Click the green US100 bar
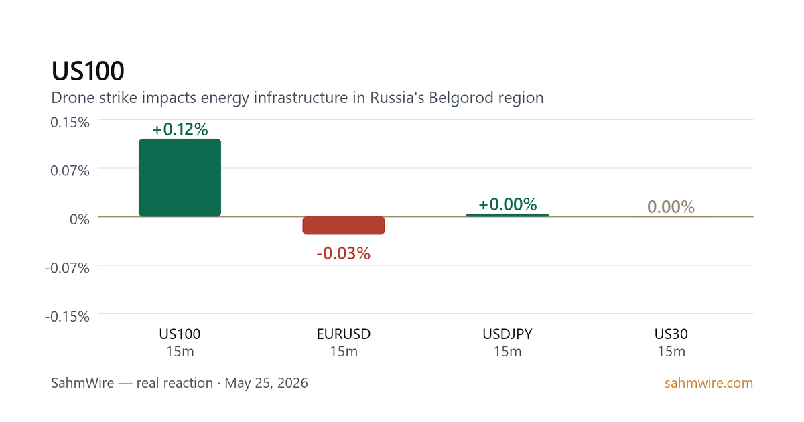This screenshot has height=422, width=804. [180, 178]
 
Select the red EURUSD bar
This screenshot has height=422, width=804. [344, 225]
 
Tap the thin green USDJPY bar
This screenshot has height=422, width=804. [508, 215]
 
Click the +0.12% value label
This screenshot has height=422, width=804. [180, 129]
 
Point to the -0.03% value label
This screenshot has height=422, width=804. [344, 253]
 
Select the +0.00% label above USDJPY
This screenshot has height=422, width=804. [508, 204]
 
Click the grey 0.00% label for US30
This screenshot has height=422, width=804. [671, 207]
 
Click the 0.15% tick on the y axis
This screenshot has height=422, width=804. [70, 123]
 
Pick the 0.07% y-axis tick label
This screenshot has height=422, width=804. [70, 171]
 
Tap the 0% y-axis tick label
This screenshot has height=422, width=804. [80, 219]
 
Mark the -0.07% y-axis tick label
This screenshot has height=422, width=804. [67, 268]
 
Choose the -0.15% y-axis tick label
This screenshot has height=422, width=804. [67, 316]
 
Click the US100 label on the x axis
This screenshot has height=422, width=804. [180, 334]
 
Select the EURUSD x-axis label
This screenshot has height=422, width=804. [344, 334]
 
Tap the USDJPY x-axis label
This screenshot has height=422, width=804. [508, 334]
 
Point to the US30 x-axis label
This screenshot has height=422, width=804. [671, 334]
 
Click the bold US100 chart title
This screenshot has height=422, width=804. [88, 71]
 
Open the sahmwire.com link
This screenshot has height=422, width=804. [709, 383]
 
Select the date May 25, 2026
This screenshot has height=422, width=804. [267, 383]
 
